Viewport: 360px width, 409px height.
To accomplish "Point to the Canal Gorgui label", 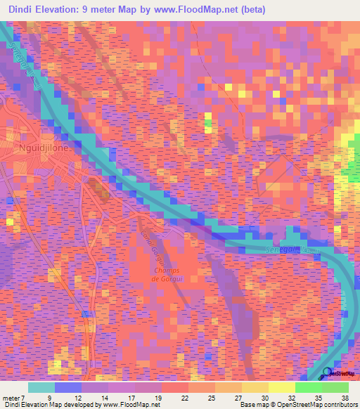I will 152,243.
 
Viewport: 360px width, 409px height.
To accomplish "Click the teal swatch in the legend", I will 41,387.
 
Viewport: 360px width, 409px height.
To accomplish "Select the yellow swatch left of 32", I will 282,387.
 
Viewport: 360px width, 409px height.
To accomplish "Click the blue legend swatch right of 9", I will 68,387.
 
